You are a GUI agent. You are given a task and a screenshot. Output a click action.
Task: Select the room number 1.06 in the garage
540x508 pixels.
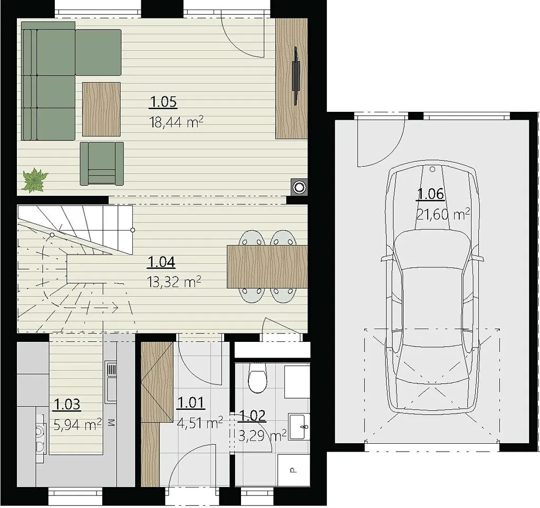coord(430,194)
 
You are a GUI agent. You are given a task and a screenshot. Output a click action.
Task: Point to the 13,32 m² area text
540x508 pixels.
coord(174,282)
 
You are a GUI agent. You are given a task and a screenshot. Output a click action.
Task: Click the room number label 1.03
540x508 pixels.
coord(67,404)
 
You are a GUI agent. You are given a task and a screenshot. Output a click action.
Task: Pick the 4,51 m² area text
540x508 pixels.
coord(200,423)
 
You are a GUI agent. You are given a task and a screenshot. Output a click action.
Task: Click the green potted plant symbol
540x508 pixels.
coord(34,180)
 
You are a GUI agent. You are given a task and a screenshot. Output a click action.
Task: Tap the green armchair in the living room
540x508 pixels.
coord(102,164)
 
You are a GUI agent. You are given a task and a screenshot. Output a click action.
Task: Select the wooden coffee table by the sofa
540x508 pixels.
coord(101,109)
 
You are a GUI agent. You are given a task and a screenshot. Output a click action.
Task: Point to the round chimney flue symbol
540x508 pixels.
coord(298,187)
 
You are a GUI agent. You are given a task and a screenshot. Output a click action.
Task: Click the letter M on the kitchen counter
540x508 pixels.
coord(111,423)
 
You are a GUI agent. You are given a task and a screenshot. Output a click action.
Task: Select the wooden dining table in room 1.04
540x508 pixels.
coord(267,267)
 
